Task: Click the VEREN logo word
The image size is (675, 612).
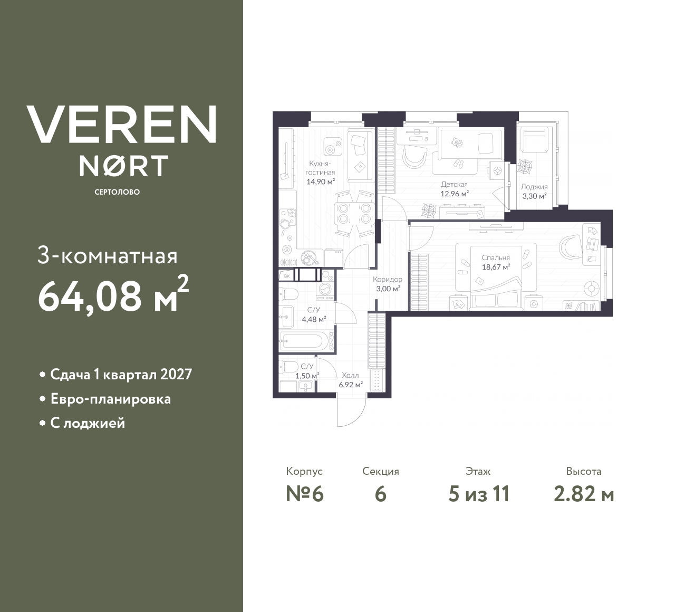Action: click(x=122, y=124)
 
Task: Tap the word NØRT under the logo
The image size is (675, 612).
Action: click(x=123, y=165)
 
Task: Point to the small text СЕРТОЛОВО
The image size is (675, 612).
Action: click(x=117, y=192)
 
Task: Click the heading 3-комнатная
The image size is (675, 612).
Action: click(x=108, y=256)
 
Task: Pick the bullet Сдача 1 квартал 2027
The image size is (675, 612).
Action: click(x=121, y=375)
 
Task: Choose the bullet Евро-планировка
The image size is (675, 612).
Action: click(x=110, y=399)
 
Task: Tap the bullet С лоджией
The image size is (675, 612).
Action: click(x=88, y=423)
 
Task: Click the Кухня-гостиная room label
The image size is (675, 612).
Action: click(x=321, y=168)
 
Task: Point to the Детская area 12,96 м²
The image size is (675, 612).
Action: click(x=455, y=194)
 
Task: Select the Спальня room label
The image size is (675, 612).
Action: click(x=495, y=258)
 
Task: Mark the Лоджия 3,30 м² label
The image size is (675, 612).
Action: click(x=534, y=191)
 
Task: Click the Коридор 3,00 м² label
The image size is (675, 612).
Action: click(x=387, y=284)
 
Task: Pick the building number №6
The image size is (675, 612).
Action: click(x=304, y=494)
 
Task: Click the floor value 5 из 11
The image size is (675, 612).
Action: click(x=478, y=494)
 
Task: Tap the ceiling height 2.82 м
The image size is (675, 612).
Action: click(x=584, y=494)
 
